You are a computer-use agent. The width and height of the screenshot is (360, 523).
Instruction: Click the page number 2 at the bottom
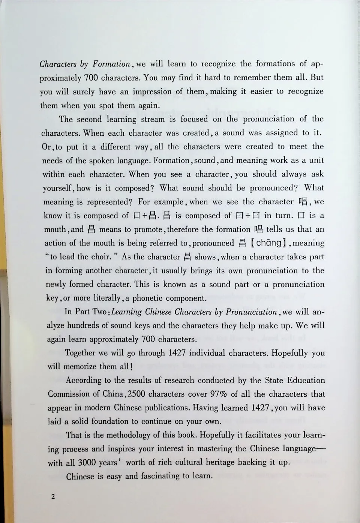click(53, 497)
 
